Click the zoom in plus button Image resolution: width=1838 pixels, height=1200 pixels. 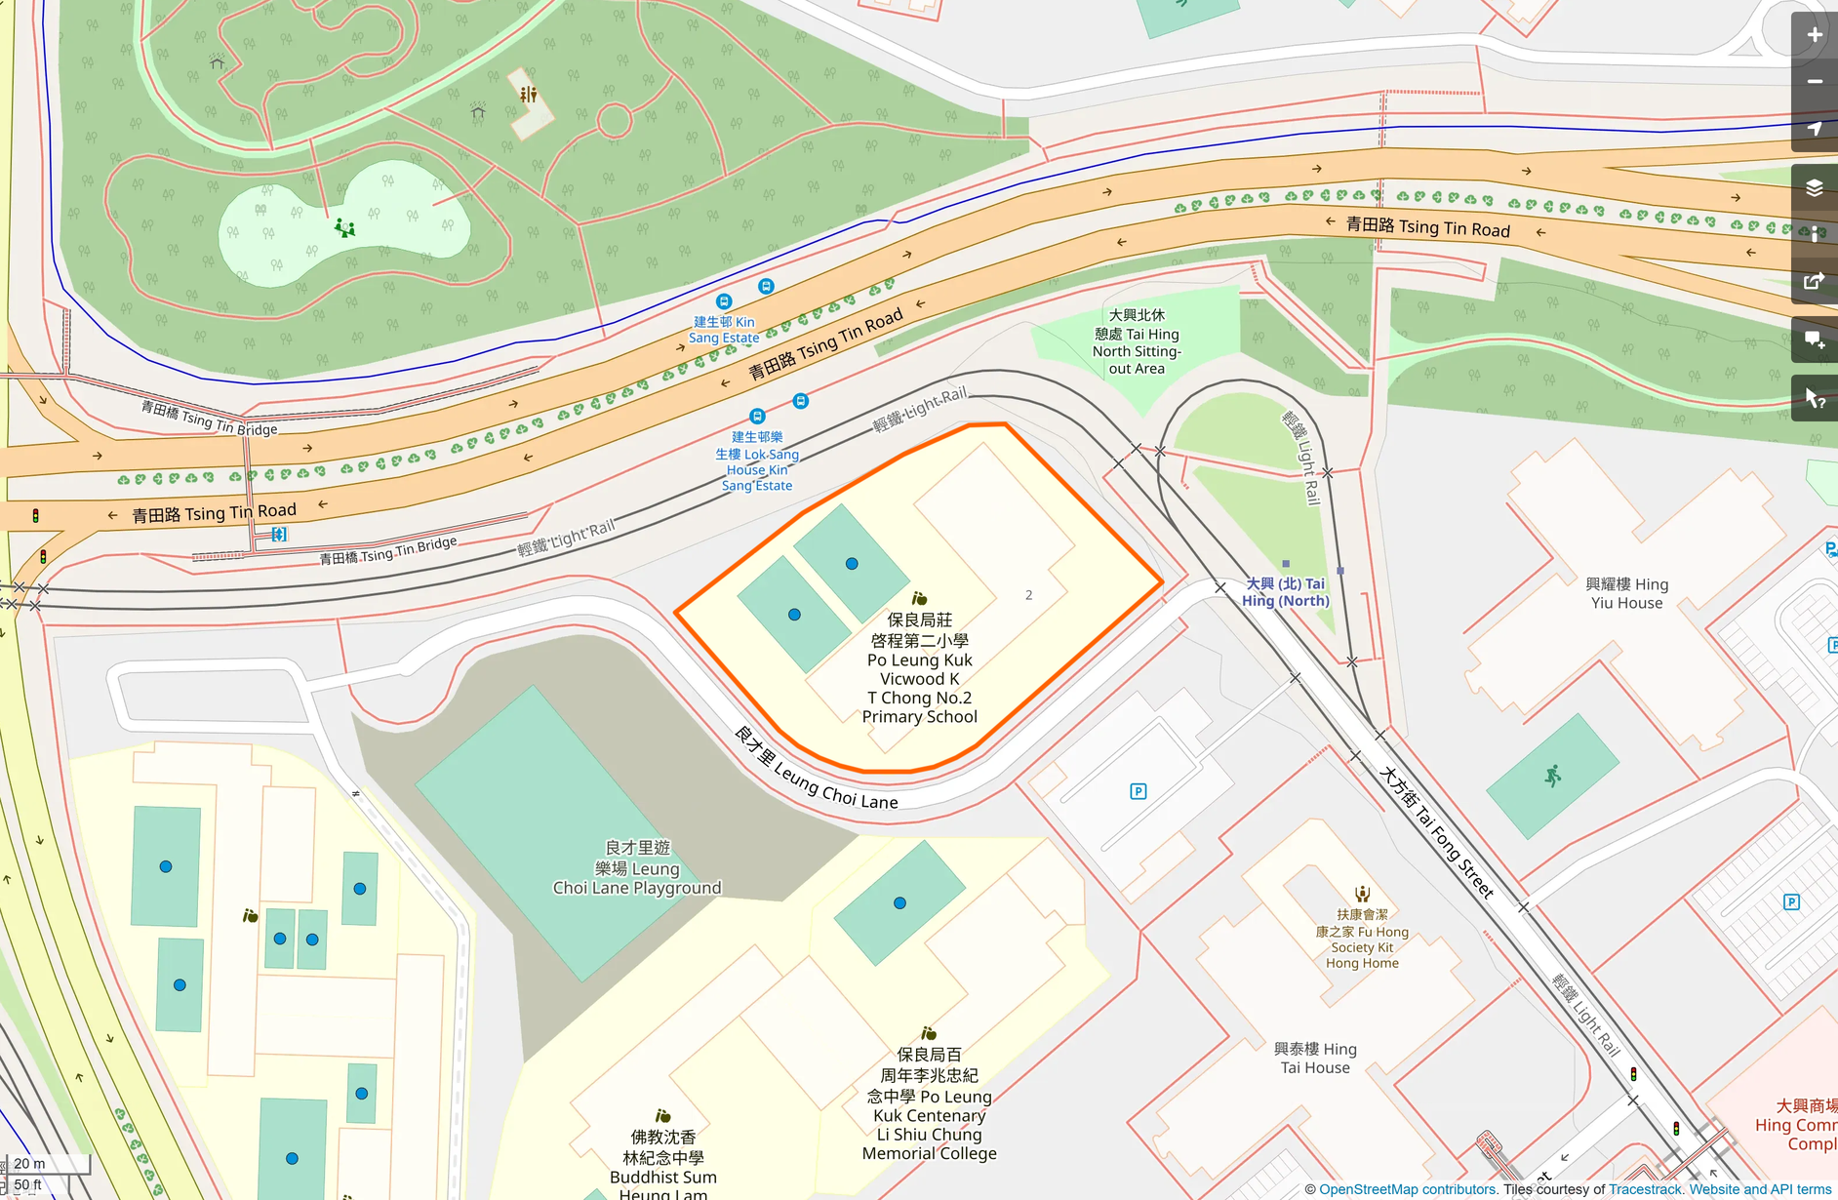pyautogui.click(x=1814, y=35)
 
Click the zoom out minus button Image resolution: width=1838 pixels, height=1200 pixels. pyautogui.click(x=1814, y=82)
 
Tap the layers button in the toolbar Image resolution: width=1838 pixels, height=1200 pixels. pyautogui.click(x=1814, y=187)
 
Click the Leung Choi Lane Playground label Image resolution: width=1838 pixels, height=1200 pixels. pyautogui.click(x=637, y=868)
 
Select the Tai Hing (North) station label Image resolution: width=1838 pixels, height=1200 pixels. pyautogui.click(x=1285, y=592)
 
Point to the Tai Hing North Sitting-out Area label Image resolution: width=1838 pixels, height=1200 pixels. pyautogui.click(x=1137, y=341)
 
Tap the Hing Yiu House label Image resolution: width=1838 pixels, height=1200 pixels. pyautogui.click(x=1626, y=593)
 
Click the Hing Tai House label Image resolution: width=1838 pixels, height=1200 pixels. pyautogui.click(x=1315, y=1058)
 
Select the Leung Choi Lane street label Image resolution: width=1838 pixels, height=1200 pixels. pyautogui.click(x=816, y=770)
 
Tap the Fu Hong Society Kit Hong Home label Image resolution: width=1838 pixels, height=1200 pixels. pyautogui.click(x=1362, y=939)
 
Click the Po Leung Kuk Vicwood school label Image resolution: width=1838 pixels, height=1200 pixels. pyautogui.click(x=919, y=668)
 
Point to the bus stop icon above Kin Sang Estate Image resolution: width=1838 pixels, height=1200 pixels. pyautogui.click(x=723, y=301)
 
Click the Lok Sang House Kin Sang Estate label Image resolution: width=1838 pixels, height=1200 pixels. pyautogui.click(x=757, y=461)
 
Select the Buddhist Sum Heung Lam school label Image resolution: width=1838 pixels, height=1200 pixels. pyautogui.click(x=662, y=1166)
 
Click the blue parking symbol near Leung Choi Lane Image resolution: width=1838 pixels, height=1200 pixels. pyautogui.click(x=1138, y=791)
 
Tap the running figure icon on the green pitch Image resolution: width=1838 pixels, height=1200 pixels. pyautogui.click(x=1552, y=776)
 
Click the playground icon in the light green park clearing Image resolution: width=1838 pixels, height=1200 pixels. pyautogui.click(x=344, y=227)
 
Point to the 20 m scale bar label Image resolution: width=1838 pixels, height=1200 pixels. pyautogui.click(x=29, y=1163)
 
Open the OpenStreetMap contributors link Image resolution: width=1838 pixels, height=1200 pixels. pyautogui.click(x=1408, y=1189)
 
